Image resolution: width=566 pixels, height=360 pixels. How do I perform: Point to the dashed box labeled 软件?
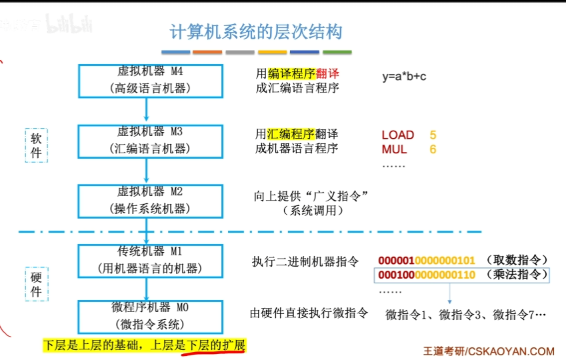coord(36,145)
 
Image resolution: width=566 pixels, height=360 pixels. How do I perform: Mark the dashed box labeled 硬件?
coord(36,284)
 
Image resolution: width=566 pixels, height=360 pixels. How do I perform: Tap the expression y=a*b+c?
coord(404,76)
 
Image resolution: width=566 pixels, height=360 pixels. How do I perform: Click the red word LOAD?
coord(398,135)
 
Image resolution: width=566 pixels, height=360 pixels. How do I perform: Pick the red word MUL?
coord(394,149)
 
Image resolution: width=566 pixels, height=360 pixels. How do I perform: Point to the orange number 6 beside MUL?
coord(433,149)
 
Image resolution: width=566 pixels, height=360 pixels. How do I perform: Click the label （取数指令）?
coord(517,260)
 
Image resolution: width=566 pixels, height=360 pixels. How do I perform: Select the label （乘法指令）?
coord(517,275)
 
